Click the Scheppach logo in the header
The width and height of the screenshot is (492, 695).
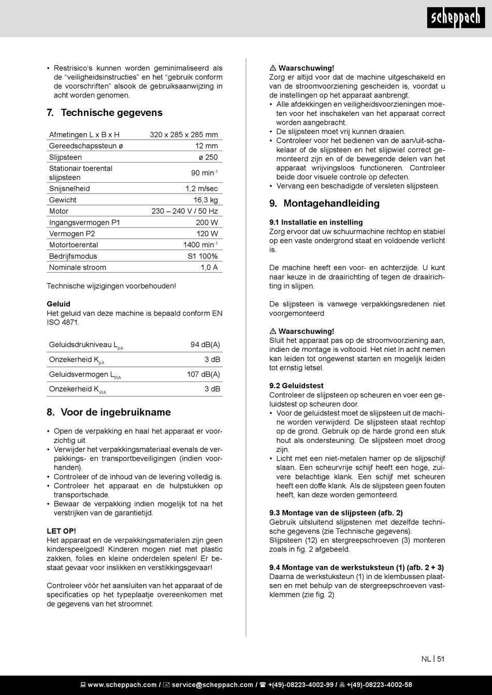(x=456, y=18)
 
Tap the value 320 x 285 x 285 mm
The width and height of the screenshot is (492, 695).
(x=184, y=135)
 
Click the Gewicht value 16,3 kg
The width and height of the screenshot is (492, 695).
(x=206, y=200)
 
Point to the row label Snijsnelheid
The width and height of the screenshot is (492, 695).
(x=69, y=189)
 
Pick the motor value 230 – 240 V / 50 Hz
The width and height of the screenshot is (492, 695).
(x=184, y=211)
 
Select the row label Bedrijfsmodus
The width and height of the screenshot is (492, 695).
(x=73, y=256)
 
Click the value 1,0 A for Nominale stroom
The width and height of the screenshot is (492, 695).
(x=209, y=268)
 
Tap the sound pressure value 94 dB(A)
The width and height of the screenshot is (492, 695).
(x=205, y=345)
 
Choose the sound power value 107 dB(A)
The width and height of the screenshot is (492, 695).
(x=204, y=374)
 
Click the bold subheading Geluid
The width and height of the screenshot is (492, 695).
(x=59, y=304)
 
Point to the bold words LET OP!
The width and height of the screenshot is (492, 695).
(x=61, y=531)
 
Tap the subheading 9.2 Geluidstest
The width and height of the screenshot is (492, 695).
(x=296, y=386)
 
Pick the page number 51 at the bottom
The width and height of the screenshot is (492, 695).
(x=441, y=659)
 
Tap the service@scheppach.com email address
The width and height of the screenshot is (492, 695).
(x=212, y=685)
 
